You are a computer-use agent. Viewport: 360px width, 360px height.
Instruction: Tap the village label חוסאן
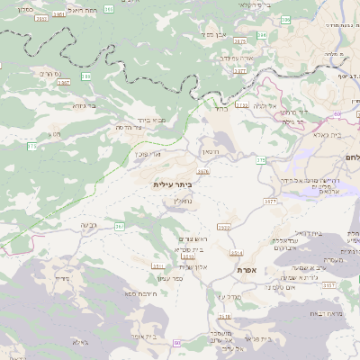[x=210, y=152]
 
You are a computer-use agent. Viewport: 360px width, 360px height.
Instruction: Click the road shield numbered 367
[x=119, y=227]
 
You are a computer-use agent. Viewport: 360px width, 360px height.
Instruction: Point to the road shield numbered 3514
[x=237, y=252]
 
